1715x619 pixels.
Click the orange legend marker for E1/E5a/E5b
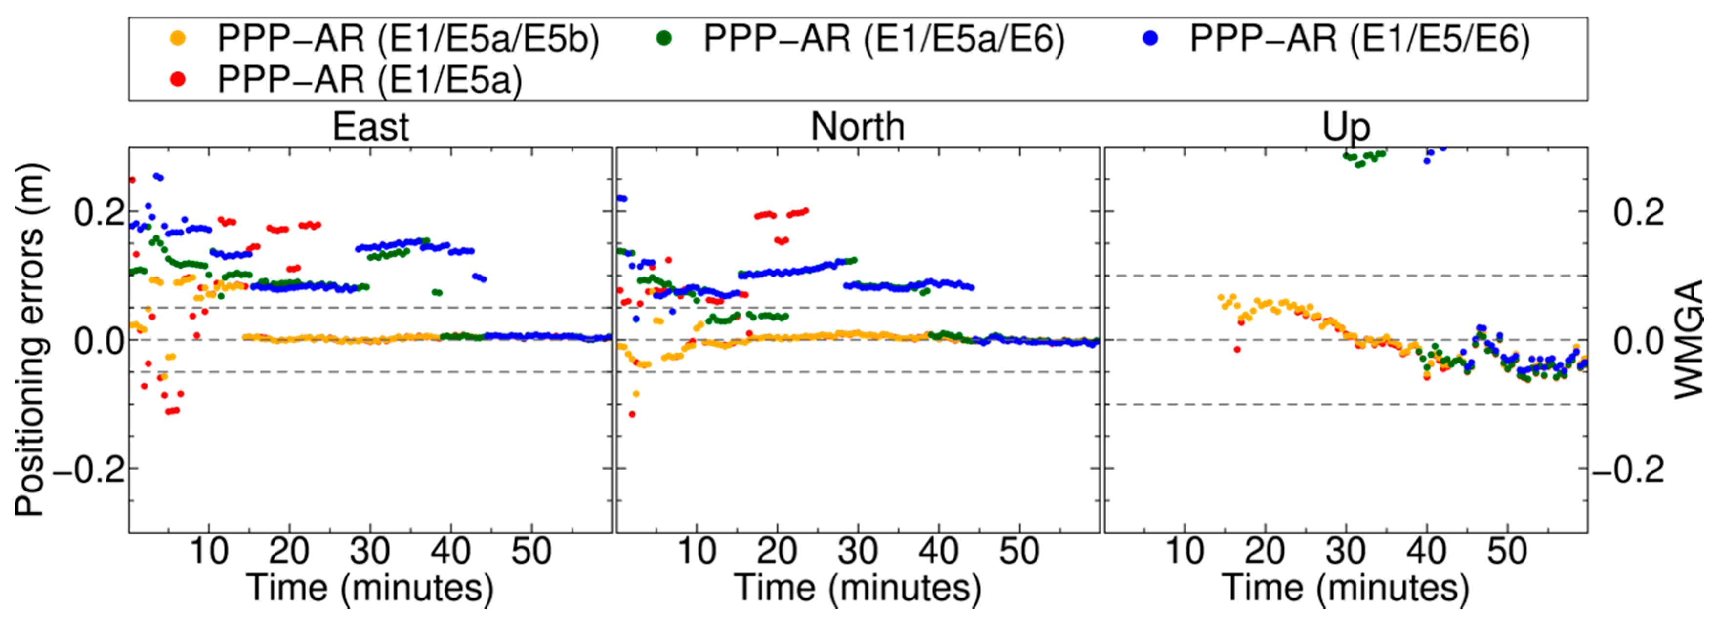177,39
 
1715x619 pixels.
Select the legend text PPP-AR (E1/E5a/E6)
884,39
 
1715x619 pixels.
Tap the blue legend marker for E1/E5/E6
1150,39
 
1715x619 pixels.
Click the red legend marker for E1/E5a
177,80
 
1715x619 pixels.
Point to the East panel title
370,127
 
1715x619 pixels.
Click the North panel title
858,127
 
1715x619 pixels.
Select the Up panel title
1346,127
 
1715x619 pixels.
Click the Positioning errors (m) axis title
29,340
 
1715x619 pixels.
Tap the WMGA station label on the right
1688,340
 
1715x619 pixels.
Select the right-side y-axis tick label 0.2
1638,213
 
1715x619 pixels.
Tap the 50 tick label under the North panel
1018,551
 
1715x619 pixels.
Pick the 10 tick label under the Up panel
1185,551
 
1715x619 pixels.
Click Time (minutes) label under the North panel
858,588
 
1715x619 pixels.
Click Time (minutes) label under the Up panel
1346,588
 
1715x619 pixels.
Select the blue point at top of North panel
622,198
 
